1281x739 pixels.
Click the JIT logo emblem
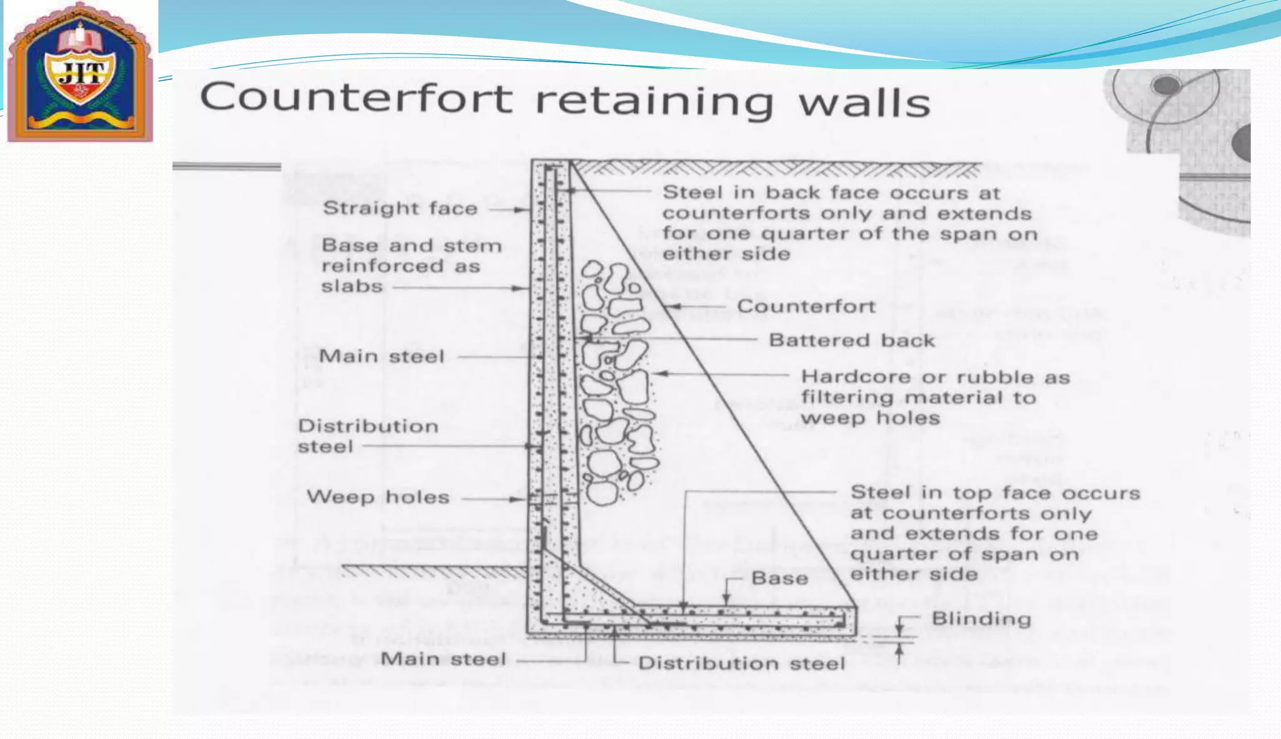point(80,72)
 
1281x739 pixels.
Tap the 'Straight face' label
point(400,208)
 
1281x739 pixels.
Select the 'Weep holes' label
point(378,498)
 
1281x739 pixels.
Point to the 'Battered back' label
point(851,341)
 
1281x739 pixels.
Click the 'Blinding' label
point(981,619)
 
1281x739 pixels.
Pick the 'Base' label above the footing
point(779,578)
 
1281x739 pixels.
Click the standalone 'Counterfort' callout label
point(806,306)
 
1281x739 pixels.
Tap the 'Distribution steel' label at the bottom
point(741,663)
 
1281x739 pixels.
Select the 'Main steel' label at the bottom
point(443,659)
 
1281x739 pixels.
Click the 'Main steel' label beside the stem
point(382,356)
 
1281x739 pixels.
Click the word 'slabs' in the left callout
point(352,286)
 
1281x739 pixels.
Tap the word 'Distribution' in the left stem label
point(368,426)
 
